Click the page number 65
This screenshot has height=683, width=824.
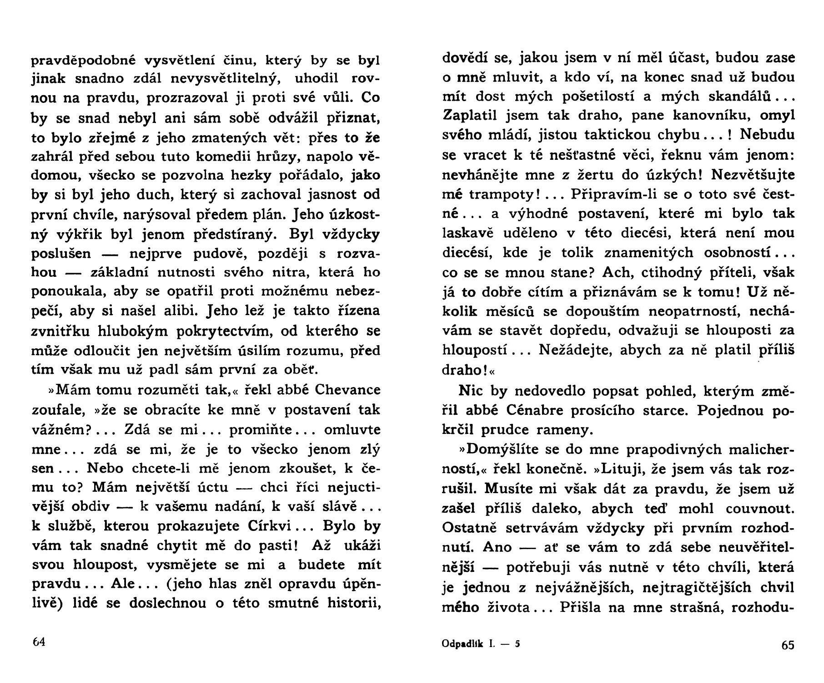[x=788, y=645]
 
